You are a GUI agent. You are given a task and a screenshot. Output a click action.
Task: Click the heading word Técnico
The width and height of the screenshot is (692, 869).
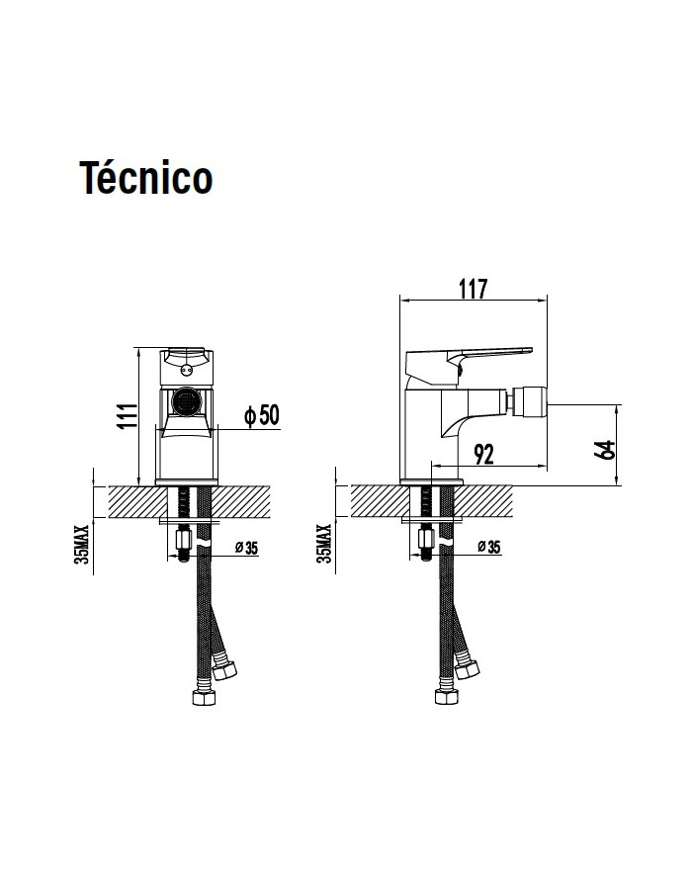[x=146, y=178]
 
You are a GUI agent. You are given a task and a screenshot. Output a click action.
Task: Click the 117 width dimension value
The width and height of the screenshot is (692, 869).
[x=473, y=289]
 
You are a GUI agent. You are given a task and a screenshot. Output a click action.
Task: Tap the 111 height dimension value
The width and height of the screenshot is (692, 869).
[x=128, y=416]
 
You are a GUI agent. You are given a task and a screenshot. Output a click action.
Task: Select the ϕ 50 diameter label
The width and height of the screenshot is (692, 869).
[x=262, y=414]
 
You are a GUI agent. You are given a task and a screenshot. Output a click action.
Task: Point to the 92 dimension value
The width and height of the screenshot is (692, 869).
[x=483, y=455]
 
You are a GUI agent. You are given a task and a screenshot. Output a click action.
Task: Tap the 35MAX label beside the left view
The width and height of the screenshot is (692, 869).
[x=81, y=544]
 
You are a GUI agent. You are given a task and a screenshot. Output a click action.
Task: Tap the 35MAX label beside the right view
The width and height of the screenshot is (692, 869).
[x=324, y=544]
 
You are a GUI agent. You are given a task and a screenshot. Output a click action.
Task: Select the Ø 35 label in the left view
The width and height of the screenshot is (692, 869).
[x=246, y=548]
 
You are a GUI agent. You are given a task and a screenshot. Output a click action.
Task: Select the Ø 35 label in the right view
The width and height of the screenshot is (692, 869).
[x=489, y=547]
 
